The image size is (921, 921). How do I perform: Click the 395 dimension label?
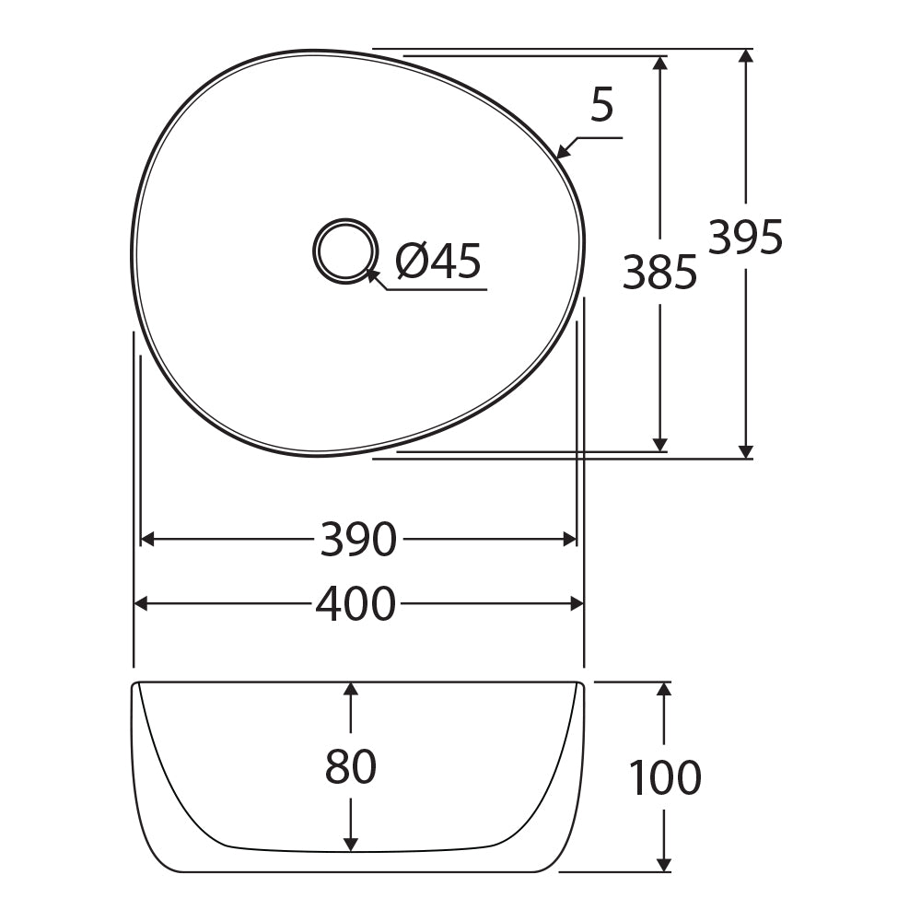[745, 237]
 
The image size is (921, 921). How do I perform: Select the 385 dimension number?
[659, 272]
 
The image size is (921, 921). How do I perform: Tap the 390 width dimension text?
[358, 539]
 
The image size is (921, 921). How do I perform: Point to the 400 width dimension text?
[356, 604]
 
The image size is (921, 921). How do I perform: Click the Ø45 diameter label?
[438, 261]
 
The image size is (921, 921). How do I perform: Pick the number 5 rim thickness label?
[602, 105]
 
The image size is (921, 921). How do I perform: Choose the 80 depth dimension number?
[351, 766]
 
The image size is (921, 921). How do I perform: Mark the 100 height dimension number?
[665, 776]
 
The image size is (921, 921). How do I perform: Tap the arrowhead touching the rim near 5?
[564, 151]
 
